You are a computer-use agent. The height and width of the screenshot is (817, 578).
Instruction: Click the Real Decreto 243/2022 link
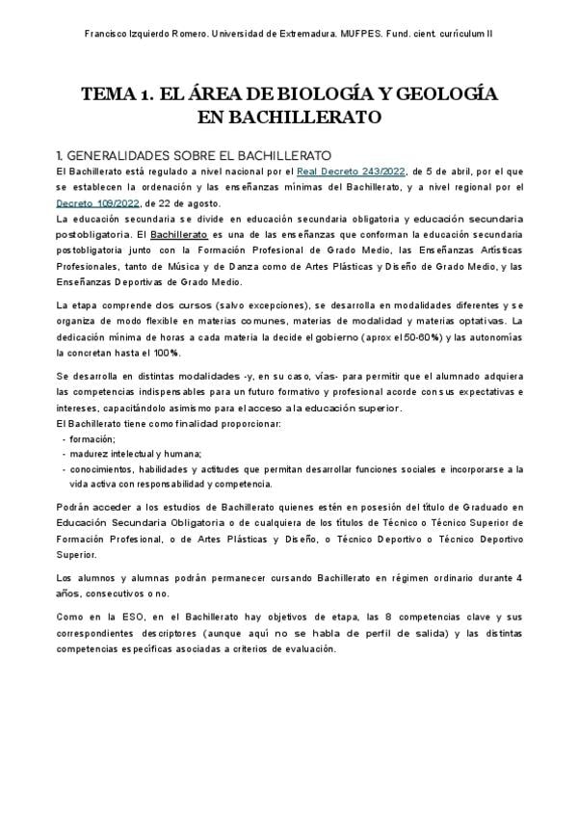[352, 171]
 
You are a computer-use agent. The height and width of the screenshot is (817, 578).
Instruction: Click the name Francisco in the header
[108, 33]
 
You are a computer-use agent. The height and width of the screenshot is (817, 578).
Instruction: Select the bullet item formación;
[92, 438]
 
